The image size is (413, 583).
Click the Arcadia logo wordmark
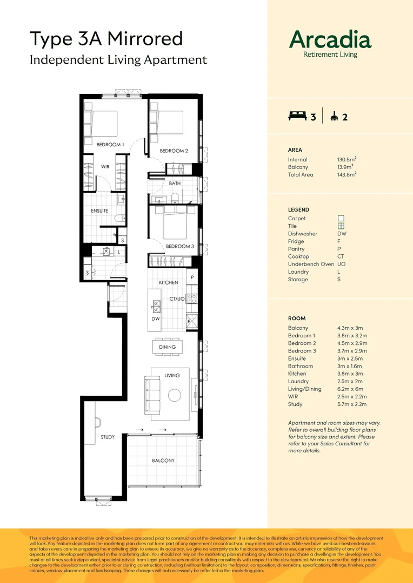pos(330,40)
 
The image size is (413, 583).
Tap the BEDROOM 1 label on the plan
pos(110,145)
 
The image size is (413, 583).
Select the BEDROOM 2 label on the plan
pos(174,151)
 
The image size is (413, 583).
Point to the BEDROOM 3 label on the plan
pos(179,246)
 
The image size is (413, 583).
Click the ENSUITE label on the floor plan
pos(99,211)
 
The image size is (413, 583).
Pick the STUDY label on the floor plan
pos(108,437)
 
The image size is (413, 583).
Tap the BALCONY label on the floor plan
pos(163,460)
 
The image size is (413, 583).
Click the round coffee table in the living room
pos(174,395)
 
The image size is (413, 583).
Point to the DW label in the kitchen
pos(155,319)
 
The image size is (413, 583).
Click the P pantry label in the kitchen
pos(192,277)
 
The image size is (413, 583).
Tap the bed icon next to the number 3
pos(297,116)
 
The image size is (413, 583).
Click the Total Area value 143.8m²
pos(347,175)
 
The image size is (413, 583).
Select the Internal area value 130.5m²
pos(347,159)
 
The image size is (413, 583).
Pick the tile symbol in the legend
pos(341,226)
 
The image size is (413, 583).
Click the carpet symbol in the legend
pos(341,218)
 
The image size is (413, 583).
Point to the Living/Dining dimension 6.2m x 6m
pos(350,389)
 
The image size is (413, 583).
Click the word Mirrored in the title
pos(146,39)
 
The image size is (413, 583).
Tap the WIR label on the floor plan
pos(105,167)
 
